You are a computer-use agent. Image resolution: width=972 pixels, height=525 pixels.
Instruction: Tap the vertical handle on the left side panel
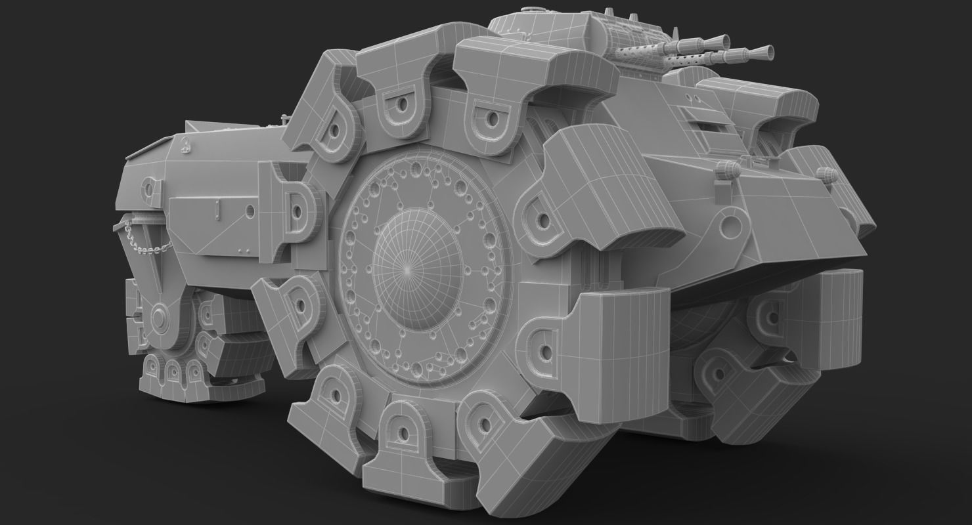(216, 211)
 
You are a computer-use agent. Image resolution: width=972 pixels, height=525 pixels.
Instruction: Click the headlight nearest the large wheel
(726, 171)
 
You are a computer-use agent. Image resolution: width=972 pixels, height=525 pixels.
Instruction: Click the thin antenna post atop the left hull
(284, 120)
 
